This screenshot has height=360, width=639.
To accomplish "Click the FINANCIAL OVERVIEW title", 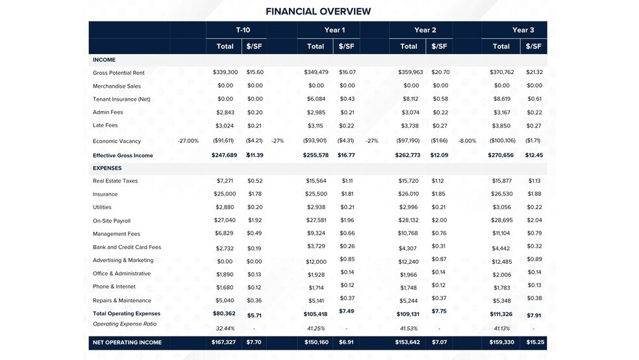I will tap(318, 11).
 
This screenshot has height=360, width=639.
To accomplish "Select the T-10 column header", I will tap(243, 30).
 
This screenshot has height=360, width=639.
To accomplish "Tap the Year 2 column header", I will tap(425, 30).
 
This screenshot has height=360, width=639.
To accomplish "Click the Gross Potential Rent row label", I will tap(118, 73).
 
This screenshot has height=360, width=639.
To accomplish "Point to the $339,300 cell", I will tap(225, 72).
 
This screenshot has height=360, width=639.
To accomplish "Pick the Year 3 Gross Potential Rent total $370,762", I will tap(501, 72).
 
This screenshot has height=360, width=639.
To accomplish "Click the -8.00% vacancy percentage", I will tap(468, 140).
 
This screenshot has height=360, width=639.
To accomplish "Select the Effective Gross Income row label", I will tap(123, 155).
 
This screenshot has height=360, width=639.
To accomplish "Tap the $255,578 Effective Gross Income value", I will tap(316, 155).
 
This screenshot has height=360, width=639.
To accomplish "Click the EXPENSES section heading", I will tap(108, 168).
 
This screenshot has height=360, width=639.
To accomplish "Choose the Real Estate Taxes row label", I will tap(115, 181).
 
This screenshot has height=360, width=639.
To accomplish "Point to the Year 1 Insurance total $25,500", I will tap(316, 194).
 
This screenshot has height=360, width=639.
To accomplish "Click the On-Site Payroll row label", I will tap(112, 221).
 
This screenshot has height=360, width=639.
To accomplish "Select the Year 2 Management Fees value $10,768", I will tap(408, 233).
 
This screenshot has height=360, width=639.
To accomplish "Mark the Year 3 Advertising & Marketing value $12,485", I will tap(502, 261).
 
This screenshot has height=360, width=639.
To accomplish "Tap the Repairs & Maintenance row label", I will tap(121, 300).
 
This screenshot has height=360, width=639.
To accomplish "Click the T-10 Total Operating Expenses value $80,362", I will tap(224, 314).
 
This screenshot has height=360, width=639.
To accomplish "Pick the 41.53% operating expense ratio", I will tap(408, 328).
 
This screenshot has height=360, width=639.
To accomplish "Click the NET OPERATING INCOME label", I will tap(127, 342).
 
